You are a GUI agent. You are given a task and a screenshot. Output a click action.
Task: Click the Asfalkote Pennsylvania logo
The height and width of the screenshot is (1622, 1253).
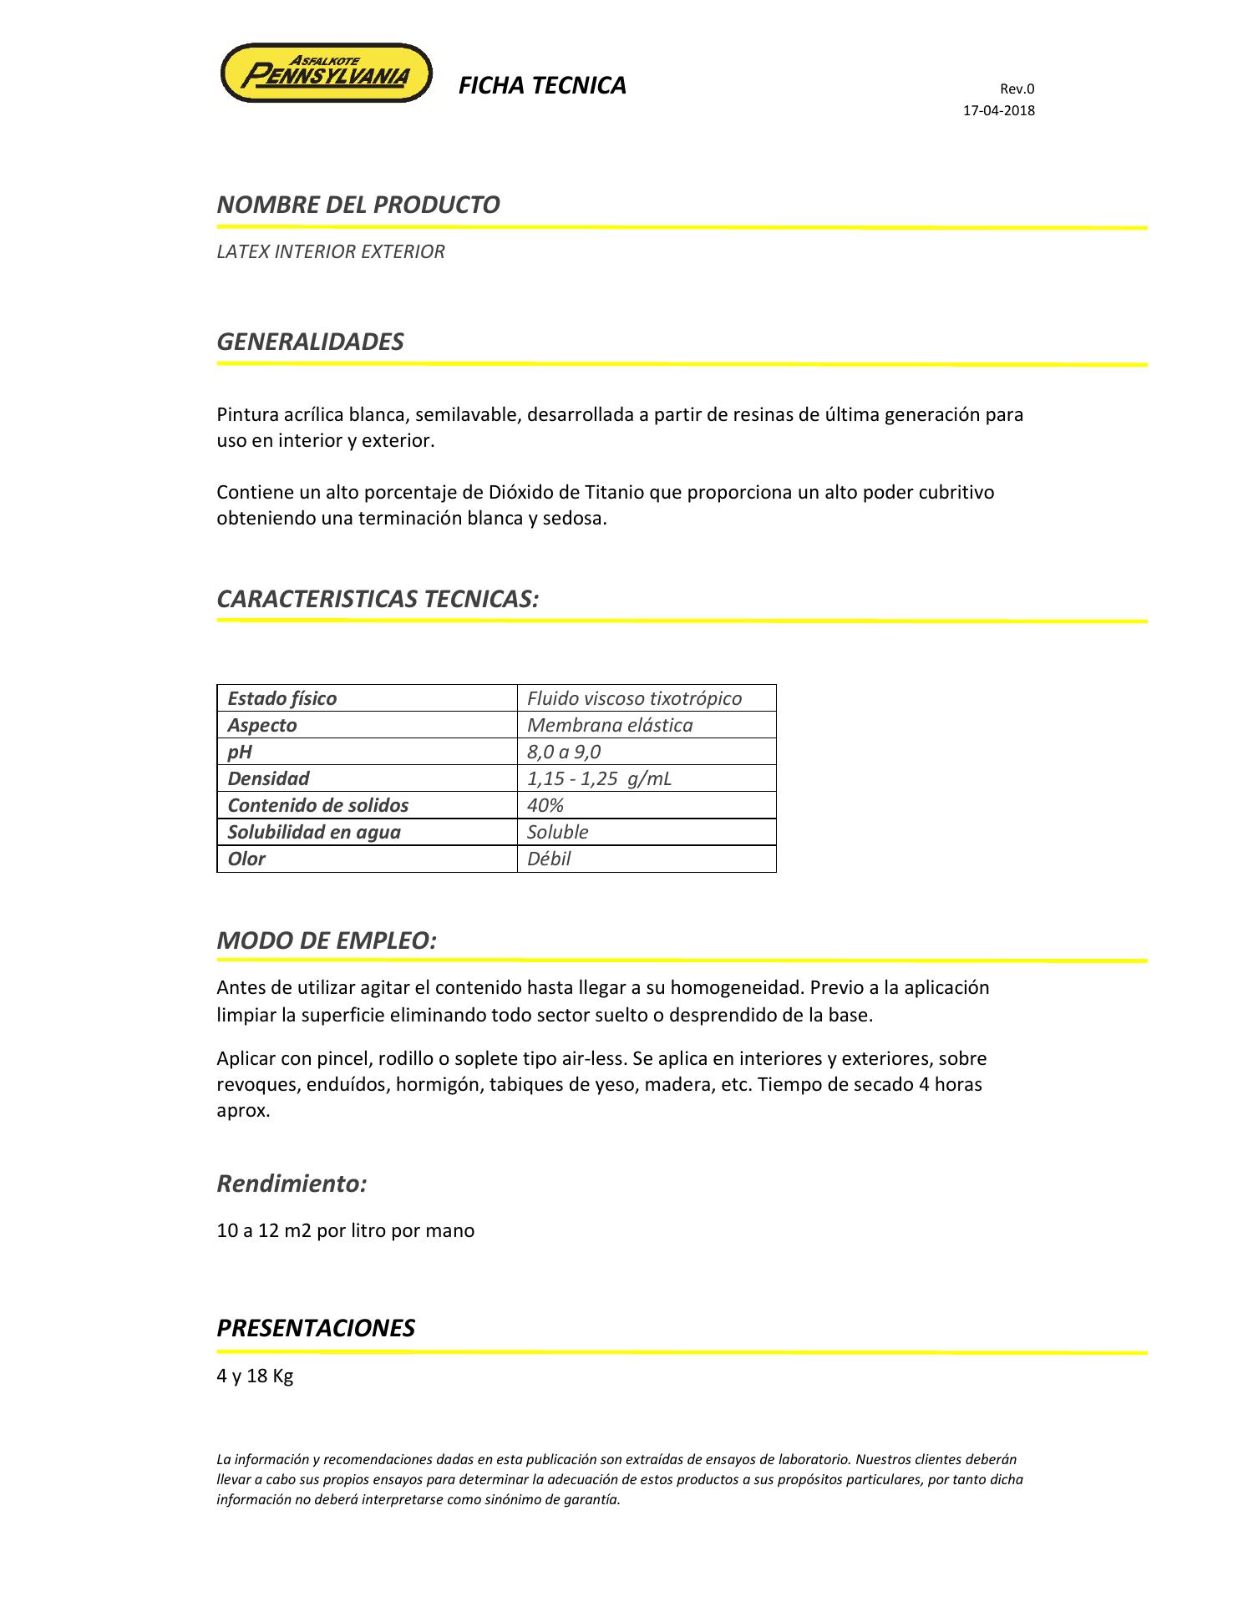[326, 73]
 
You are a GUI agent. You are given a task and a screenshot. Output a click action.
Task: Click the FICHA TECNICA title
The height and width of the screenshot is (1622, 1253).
[542, 86]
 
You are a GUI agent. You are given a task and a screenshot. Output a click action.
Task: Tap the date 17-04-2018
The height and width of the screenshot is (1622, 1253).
[999, 110]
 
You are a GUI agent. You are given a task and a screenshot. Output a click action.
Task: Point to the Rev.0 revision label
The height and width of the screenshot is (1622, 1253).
[1017, 89]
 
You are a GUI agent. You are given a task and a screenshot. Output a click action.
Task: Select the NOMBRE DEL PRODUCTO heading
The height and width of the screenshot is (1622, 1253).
[358, 205]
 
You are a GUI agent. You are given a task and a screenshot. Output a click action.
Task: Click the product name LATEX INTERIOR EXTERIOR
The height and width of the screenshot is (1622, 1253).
[331, 251]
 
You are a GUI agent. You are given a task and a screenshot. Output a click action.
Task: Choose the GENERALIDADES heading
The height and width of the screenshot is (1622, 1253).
[311, 342]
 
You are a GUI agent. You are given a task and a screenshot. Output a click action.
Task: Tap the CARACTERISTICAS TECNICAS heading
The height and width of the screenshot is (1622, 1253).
[378, 599]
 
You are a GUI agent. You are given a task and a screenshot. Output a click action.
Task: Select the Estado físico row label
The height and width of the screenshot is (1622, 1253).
[282, 698]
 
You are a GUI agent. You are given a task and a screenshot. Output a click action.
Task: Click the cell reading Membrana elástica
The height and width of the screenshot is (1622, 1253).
[610, 725]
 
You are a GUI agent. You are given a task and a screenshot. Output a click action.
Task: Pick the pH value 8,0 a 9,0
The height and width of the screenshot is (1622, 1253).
[564, 752]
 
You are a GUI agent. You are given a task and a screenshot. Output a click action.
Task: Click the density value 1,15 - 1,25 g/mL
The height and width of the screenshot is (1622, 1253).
[599, 778]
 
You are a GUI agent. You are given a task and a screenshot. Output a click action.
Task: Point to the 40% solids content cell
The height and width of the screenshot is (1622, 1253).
[545, 805]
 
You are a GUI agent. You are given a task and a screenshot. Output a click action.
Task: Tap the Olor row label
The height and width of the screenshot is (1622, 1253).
[246, 859]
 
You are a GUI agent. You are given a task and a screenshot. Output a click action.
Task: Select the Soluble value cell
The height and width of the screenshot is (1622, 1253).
[558, 832]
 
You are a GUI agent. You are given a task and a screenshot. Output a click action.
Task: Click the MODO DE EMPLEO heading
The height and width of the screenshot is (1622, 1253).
[327, 940]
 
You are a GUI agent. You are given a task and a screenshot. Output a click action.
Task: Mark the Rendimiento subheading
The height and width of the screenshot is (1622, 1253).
[292, 1184]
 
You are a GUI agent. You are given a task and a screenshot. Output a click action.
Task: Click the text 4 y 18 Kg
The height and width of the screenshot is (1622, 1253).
[255, 1376]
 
